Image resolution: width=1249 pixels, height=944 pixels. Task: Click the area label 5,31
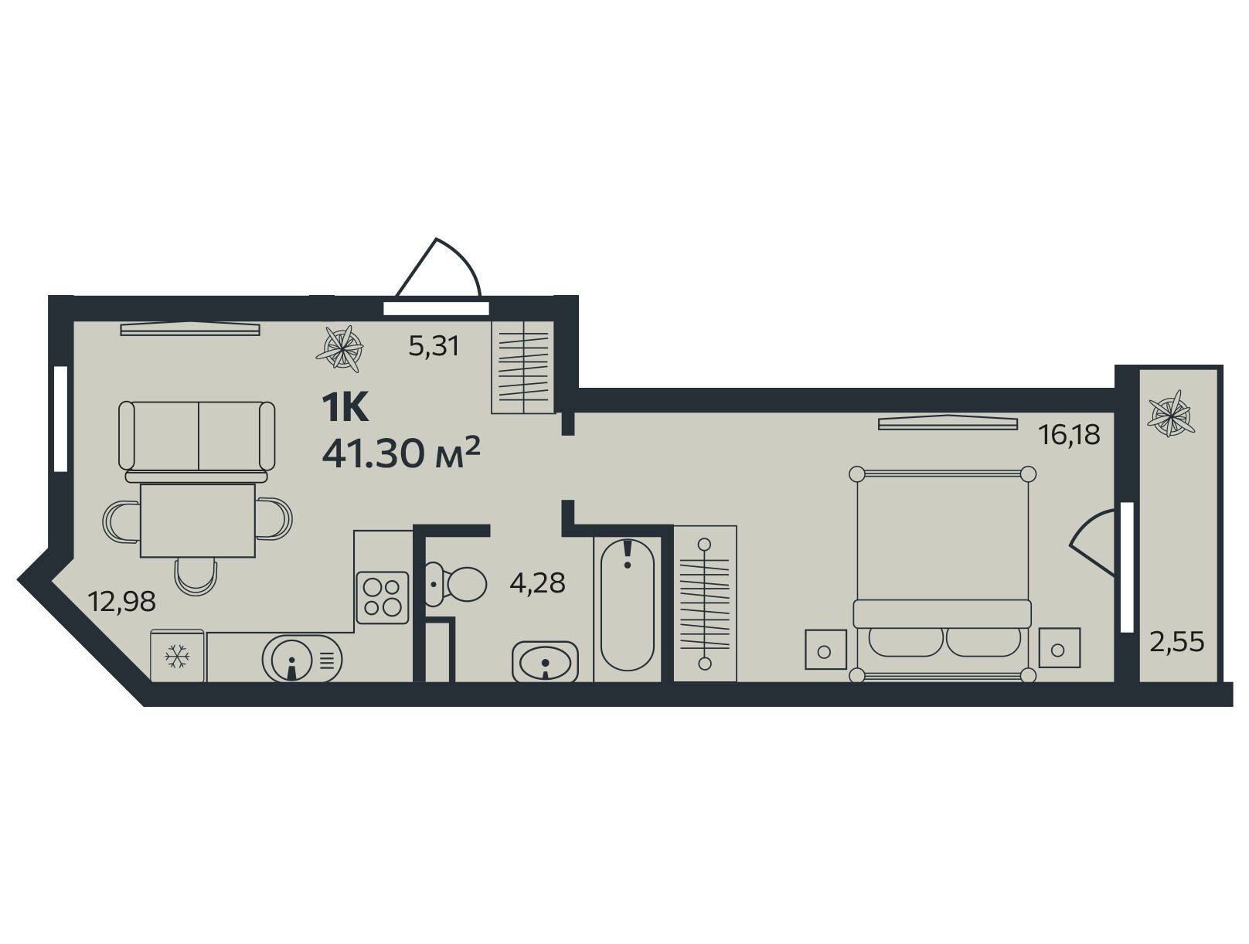tap(434, 346)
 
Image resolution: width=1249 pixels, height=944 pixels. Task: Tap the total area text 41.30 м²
tap(401, 453)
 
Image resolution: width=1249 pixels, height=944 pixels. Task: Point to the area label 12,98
tap(121, 601)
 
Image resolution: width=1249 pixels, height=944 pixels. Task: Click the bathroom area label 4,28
tap(537, 583)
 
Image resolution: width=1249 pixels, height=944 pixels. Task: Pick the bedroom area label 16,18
tap(1069, 435)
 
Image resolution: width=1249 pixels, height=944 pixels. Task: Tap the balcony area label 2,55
tap(1177, 643)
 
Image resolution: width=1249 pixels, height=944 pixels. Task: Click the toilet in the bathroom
tap(456, 583)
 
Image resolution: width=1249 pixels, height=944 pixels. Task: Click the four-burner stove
tap(383, 598)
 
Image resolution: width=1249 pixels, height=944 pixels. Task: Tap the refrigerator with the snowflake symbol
tap(177, 656)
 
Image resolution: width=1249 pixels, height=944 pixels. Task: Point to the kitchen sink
tap(301, 659)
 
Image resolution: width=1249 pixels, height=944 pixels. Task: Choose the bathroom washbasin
tap(545, 662)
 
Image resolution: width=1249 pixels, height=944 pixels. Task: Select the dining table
tap(197, 520)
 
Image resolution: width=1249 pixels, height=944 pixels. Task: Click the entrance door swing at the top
tap(438, 267)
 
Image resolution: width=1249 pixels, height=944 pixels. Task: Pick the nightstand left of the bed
tap(825, 648)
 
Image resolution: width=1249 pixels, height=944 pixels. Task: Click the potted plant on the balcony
tap(1169, 413)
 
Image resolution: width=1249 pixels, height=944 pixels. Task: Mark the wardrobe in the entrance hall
tap(522, 367)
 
